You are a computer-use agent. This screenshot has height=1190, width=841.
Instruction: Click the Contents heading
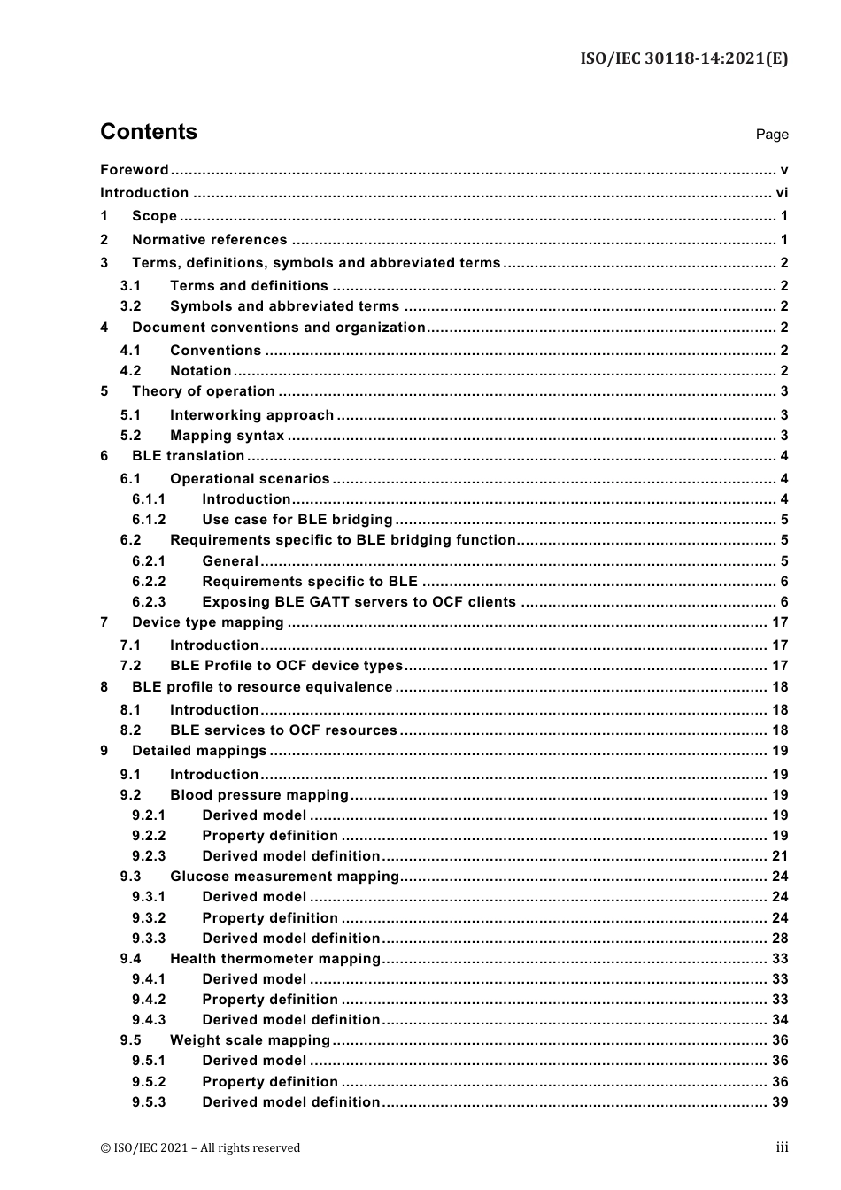click(149, 132)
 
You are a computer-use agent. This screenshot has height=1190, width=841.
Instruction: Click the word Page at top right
click(772, 135)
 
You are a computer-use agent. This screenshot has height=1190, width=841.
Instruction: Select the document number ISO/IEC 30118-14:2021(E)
click(683, 59)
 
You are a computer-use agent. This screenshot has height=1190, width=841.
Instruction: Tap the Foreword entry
click(135, 170)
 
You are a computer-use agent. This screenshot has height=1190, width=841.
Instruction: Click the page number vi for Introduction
click(782, 193)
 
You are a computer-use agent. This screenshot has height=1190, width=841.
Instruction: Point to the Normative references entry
click(210, 240)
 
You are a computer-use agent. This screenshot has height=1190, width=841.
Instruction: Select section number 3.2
click(131, 306)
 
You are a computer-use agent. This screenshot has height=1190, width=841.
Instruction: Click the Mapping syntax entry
click(228, 436)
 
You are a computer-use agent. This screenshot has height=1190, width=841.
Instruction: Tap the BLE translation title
click(189, 456)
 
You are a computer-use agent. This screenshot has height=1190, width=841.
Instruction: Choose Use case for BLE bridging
click(297, 520)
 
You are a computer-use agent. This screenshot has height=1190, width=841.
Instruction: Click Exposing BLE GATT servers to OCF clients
click(359, 602)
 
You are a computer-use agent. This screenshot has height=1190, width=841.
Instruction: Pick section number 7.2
click(131, 666)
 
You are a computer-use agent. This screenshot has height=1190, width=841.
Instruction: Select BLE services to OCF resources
click(283, 730)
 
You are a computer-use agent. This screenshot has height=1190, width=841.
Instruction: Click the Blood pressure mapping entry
click(259, 795)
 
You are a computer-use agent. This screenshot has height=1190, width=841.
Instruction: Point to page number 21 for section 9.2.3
click(780, 856)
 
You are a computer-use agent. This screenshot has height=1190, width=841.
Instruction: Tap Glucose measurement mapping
click(284, 877)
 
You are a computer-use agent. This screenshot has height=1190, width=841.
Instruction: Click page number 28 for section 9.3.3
click(780, 939)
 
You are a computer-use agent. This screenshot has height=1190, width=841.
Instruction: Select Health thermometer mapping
click(275, 959)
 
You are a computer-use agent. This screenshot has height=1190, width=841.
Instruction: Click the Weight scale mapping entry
click(250, 1040)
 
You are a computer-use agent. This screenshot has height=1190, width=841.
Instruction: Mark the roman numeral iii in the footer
click(782, 1147)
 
